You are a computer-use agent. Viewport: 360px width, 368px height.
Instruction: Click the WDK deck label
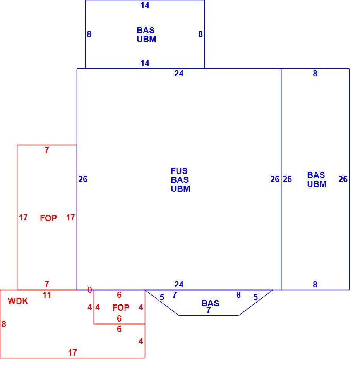coord(18,301)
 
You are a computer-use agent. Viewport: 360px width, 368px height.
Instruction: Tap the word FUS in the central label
coord(179,171)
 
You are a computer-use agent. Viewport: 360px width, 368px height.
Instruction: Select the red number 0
coord(89,290)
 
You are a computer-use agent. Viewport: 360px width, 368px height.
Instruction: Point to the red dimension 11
coord(47,295)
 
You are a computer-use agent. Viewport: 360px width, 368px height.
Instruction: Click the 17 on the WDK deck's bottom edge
coord(72,353)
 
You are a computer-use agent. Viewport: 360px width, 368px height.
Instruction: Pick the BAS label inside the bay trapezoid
coord(210,303)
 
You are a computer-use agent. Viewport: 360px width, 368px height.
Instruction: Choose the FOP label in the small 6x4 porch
coord(121,308)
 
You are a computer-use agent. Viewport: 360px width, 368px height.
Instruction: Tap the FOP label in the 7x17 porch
coord(48,218)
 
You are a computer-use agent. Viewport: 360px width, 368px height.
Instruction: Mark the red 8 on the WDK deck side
coord(4,324)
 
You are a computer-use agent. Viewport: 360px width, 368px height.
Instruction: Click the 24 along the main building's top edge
coord(179,74)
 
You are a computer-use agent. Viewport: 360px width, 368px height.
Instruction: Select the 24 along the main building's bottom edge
coord(179,284)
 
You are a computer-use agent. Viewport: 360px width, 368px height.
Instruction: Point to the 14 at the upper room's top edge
coord(145,5)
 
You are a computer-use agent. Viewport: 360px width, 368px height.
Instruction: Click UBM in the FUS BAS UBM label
coord(181,189)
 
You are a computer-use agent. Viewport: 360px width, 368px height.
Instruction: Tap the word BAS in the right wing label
coord(316,175)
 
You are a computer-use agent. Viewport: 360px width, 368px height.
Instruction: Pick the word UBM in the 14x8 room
coord(147,39)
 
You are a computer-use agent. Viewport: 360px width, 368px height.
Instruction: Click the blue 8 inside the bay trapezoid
coord(238,295)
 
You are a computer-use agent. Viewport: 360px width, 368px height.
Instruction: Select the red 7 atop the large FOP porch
coord(47,150)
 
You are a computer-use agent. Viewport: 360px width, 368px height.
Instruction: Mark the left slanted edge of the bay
coord(162,303)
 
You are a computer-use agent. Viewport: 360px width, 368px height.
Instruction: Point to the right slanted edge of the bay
coord(255,303)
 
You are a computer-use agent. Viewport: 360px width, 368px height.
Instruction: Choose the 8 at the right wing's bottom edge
coord(315,284)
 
